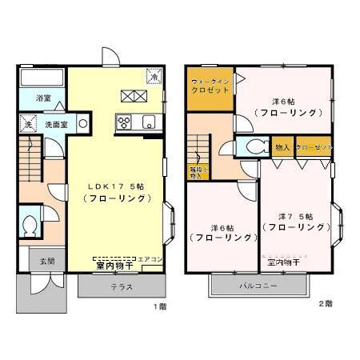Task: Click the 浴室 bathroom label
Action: [x=43, y=98]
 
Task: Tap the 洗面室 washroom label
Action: [x=54, y=125]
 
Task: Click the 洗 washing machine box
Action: [x=27, y=126]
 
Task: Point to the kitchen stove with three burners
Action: [x=126, y=122]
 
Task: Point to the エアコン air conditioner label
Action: [x=150, y=259]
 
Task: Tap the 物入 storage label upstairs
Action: [x=282, y=148]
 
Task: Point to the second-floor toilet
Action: [x=254, y=148]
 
